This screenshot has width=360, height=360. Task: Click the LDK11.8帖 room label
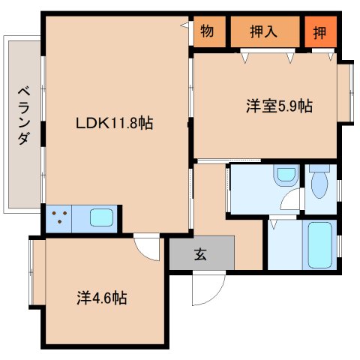coord(114,123)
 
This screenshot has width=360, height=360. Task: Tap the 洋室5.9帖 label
coord(279,106)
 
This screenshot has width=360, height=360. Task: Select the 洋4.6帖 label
coord(102,298)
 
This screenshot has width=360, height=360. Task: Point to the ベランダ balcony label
coord(24,115)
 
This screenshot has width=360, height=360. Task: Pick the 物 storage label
coord(207,31)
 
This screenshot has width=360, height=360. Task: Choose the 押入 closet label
coord(263,31)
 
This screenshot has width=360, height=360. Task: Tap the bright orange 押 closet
coord(320,31)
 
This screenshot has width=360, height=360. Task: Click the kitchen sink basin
coord(101,217)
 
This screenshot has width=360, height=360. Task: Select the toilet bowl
coord(319,184)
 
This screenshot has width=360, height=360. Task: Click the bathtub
coord(319,245)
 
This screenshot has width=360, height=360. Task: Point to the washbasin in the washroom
coord(286,175)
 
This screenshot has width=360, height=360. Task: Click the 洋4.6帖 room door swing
coord(147,247)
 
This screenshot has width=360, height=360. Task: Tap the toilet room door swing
coord(290,199)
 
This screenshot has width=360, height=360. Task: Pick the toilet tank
coord(319,168)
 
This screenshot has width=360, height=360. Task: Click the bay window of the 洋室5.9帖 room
coord(346,92)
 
